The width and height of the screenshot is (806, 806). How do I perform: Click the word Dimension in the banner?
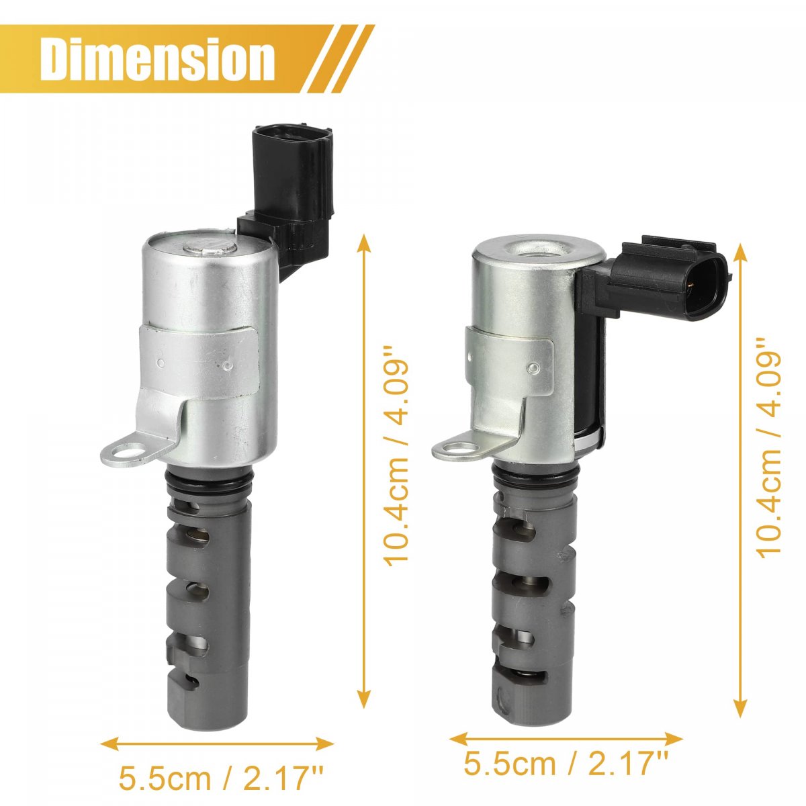pos(157,59)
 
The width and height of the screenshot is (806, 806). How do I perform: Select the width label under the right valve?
pos(565,740)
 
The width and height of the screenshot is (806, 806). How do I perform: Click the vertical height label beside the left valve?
pos(395,456)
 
